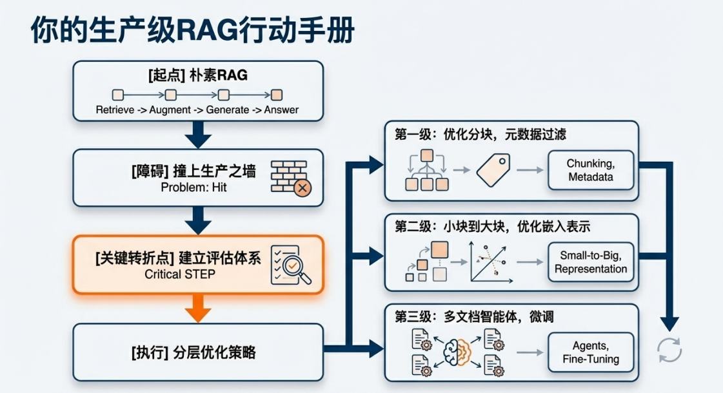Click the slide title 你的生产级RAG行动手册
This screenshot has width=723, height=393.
(x=192, y=30)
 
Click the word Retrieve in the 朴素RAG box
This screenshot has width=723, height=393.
(x=114, y=110)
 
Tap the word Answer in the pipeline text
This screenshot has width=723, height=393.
(x=281, y=110)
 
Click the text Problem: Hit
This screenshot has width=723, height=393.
(x=193, y=188)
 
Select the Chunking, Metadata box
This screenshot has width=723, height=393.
(x=590, y=170)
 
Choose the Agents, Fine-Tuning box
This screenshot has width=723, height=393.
(x=590, y=352)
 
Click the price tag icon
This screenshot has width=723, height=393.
(x=493, y=171)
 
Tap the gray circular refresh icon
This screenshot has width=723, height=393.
(x=669, y=350)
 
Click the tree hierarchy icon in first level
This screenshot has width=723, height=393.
(x=426, y=170)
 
